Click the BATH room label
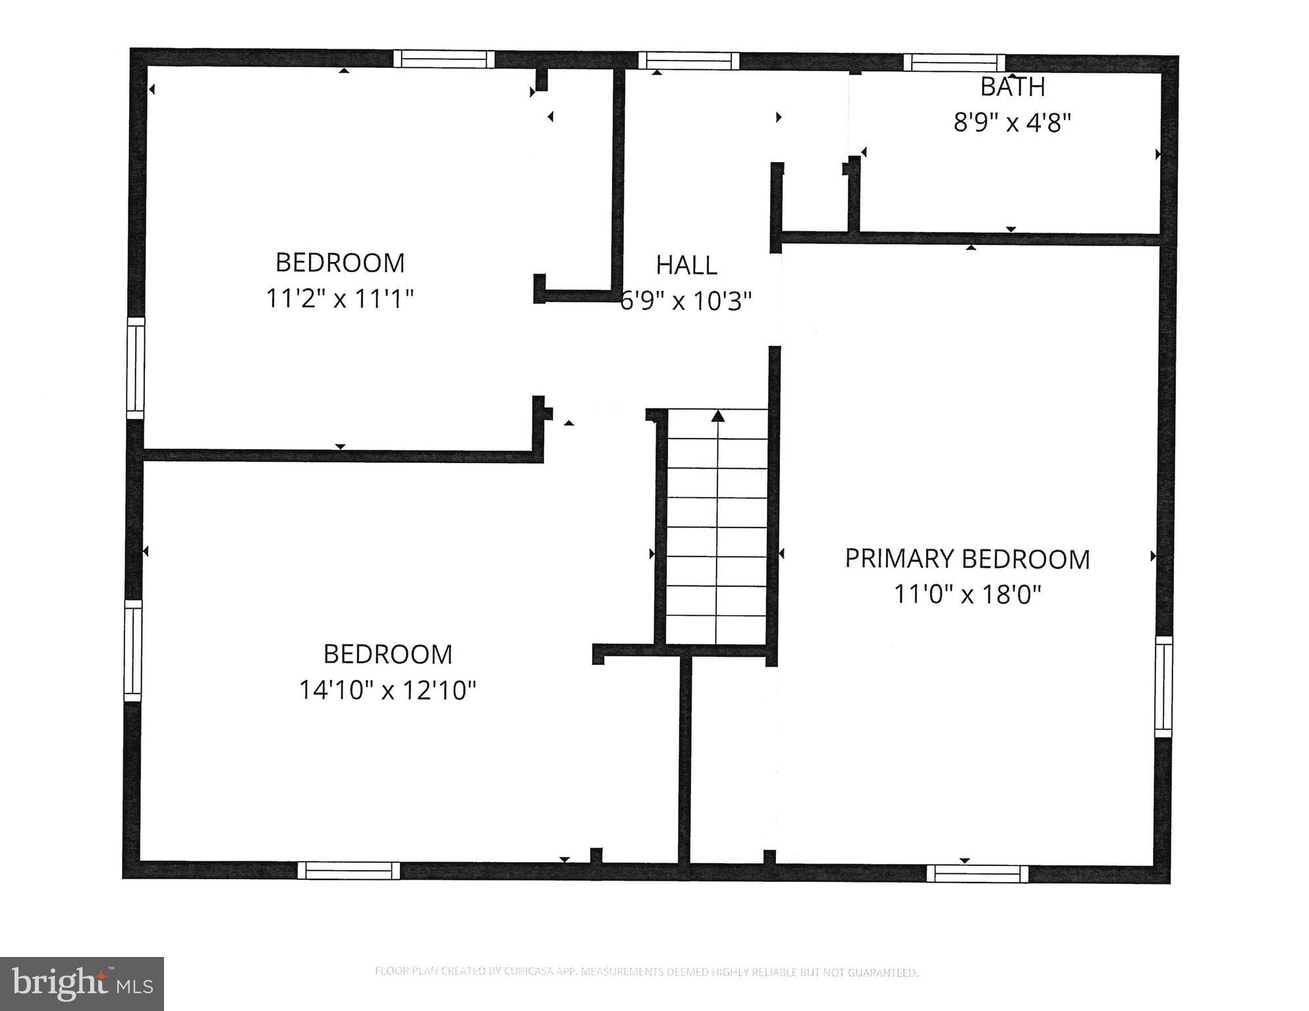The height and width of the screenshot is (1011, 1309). click(1013, 86)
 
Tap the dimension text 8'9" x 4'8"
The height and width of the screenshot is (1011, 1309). click(1013, 123)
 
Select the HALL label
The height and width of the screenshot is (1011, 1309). click(686, 265)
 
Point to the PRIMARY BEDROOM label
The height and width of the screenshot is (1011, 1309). click(967, 559)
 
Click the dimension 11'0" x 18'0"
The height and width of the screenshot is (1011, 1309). click(967, 595)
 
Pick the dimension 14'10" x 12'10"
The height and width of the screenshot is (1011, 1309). click(387, 690)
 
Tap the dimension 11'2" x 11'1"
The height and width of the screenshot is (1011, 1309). click(339, 298)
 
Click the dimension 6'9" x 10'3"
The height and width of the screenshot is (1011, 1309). click(686, 301)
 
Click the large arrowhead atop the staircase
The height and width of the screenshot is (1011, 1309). click(718, 416)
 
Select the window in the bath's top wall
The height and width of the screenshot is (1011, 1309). click(954, 63)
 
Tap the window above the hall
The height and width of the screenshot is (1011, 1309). click(688, 61)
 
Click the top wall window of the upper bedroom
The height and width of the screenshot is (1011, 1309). click(443, 59)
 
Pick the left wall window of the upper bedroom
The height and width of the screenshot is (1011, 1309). click(136, 368)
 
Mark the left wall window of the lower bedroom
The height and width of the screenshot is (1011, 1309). click(133, 650)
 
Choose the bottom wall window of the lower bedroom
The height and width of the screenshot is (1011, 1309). click(348, 870)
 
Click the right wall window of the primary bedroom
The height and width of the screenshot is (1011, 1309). click(1163, 686)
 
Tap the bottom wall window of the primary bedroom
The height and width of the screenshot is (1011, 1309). click(977, 873)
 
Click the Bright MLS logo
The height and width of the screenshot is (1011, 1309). click(82, 983)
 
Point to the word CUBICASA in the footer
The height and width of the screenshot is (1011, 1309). click(525, 971)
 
